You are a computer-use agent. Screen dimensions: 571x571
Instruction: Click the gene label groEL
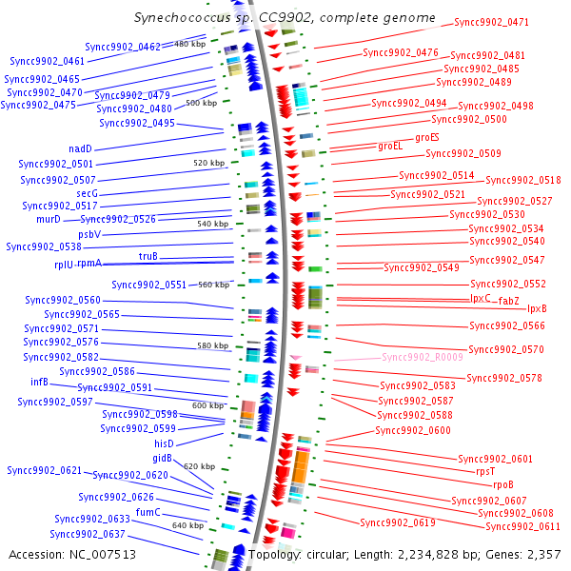click(x=390, y=146)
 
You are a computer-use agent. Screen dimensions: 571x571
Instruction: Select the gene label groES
click(x=426, y=137)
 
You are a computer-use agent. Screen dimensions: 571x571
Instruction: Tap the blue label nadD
click(x=81, y=148)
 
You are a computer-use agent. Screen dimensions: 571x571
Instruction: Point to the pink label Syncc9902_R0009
click(x=422, y=357)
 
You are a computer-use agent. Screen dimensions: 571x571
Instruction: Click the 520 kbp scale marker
click(x=208, y=163)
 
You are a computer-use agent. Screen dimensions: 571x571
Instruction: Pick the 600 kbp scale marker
click(x=207, y=405)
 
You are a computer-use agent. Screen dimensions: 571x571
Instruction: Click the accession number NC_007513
click(x=103, y=554)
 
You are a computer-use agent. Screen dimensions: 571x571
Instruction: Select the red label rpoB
click(x=502, y=484)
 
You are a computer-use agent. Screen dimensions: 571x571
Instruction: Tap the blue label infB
click(x=39, y=382)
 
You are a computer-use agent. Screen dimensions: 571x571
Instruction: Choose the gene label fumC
click(x=148, y=512)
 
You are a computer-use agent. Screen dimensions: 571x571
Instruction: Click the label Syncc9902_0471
click(x=491, y=22)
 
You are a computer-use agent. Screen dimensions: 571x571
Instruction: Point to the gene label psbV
click(x=89, y=234)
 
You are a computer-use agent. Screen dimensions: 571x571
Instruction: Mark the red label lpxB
click(x=537, y=308)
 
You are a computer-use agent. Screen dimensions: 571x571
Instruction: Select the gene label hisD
click(x=164, y=443)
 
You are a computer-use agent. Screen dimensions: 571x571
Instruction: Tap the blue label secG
click(x=87, y=193)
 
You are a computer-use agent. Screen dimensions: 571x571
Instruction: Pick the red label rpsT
click(x=485, y=471)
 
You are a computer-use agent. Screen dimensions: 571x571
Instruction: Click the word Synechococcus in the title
click(x=182, y=17)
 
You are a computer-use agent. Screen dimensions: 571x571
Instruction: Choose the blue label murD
click(x=49, y=219)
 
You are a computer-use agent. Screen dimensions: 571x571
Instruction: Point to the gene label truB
click(x=148, y=256)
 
